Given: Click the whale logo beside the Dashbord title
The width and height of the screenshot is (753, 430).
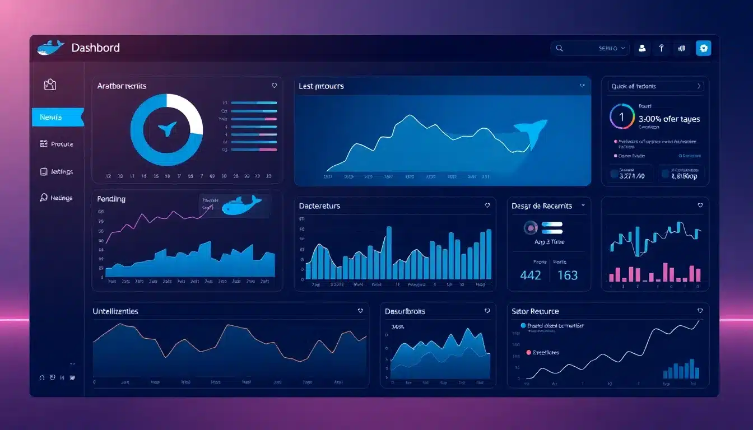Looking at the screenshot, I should coord(50,48).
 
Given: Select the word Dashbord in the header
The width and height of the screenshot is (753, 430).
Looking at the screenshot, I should coord(95,48).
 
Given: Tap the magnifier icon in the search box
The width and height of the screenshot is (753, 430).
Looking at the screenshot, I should coord(559,49).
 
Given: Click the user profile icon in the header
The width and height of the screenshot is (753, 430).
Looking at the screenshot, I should coord(642,49).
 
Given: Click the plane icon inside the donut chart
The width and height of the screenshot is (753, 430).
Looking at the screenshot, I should coord(167,129).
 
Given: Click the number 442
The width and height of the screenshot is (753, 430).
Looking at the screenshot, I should coord(530,275).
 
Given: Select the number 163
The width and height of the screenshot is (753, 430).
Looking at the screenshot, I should coord(568,275).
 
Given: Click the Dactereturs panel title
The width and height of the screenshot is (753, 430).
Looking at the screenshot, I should coord(319,206).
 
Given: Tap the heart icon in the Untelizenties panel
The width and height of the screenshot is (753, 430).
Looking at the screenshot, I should coord(360,311).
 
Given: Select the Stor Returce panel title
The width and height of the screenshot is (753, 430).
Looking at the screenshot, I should coord(535,311).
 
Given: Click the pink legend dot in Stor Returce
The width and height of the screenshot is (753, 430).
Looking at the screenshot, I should coord(528,353).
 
